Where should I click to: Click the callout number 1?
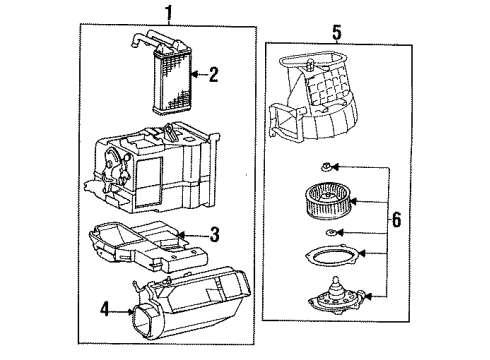[x=168, y=13]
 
